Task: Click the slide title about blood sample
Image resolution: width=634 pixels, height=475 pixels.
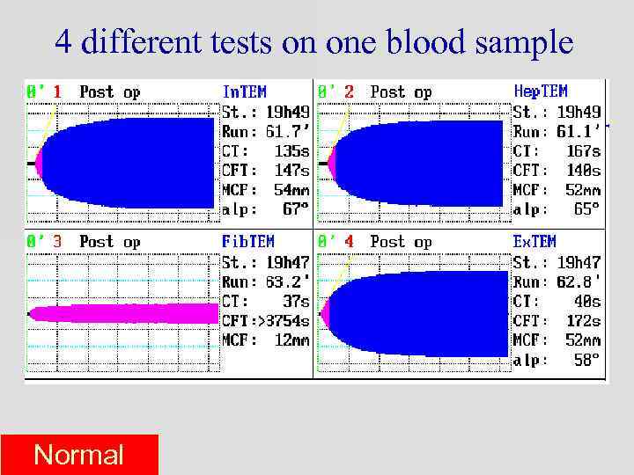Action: [314, 42]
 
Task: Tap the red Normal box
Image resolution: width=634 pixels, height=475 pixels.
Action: [79, 455]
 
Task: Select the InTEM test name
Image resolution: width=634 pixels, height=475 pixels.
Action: [245, 91]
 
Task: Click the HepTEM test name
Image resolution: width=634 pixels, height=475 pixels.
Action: [540, 91]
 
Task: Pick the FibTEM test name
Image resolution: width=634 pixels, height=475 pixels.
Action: [247, 241]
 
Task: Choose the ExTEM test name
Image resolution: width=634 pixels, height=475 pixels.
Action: [534, 241]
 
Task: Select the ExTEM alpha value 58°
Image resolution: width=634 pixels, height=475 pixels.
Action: [586, 361]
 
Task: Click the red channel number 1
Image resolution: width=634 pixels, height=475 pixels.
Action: [57, 91]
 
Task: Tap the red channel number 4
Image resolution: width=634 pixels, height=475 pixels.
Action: [349, 241]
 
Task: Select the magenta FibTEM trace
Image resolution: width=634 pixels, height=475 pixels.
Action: [123, 313]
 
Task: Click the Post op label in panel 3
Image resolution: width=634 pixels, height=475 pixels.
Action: [110, 242]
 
